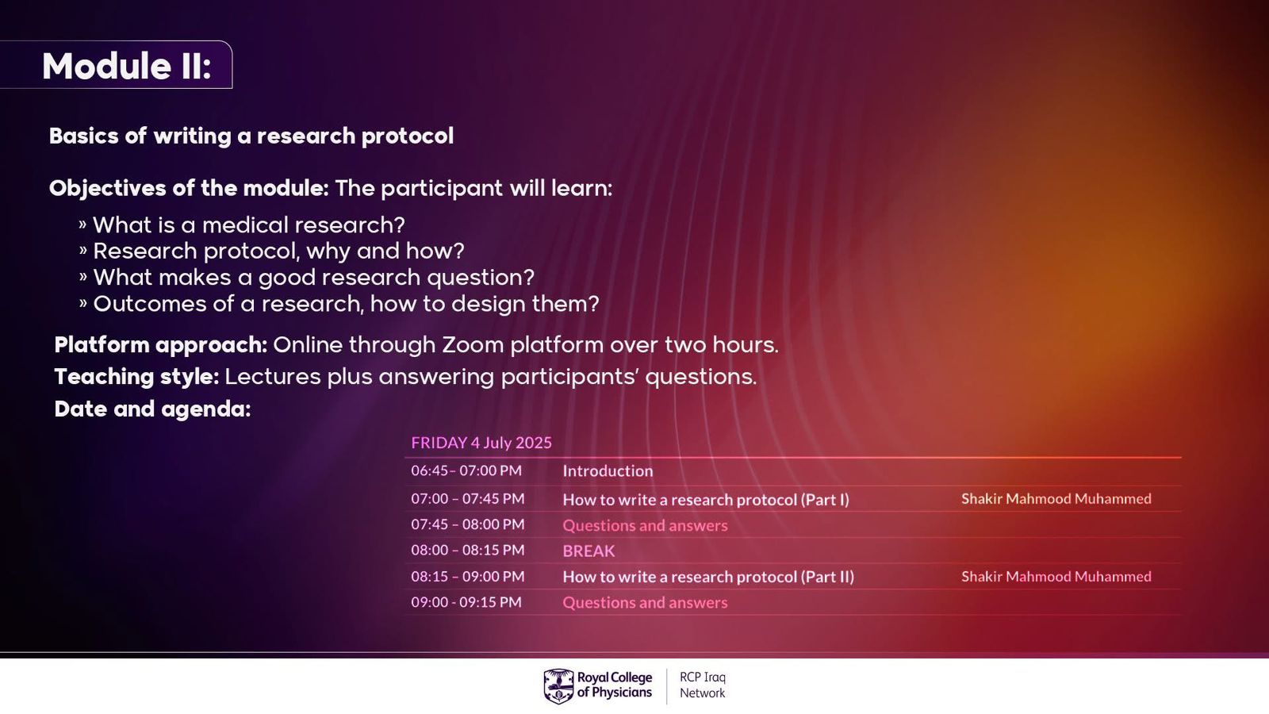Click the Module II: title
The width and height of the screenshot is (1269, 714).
[x=126, y=66]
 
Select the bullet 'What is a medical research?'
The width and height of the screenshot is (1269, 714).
[x=242, y=225]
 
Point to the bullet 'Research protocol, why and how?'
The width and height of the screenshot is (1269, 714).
[x=271, y=251]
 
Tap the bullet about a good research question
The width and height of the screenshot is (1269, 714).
[x=306, y=278]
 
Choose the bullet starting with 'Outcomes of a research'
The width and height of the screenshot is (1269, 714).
[x=339, y=305]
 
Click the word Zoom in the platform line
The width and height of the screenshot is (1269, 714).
[x=473, y=344]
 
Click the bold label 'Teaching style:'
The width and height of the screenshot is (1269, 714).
[x=136, y=377]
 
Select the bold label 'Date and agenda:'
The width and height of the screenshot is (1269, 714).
[x=152, y=409]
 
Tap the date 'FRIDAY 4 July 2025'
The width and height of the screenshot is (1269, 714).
[x=481, y=443]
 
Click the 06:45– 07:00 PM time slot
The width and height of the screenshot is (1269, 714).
[x=466, y=470]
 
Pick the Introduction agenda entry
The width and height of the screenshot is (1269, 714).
[x=608, y=471]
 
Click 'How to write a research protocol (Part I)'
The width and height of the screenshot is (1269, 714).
[x=706, y=499]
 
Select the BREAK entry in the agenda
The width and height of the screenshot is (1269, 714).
[x=588, y=551]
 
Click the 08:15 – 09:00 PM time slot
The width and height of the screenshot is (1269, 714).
[x=468, y=576]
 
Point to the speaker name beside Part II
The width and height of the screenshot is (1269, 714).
[x=1056, y=576]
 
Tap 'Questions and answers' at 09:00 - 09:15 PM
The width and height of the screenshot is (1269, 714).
[x=645, y=602]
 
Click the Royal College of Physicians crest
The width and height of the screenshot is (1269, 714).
[x=558, y=686]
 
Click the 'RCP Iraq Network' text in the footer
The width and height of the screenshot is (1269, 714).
[x=703, y=685]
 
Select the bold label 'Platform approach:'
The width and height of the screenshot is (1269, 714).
[x=161, y=345]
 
